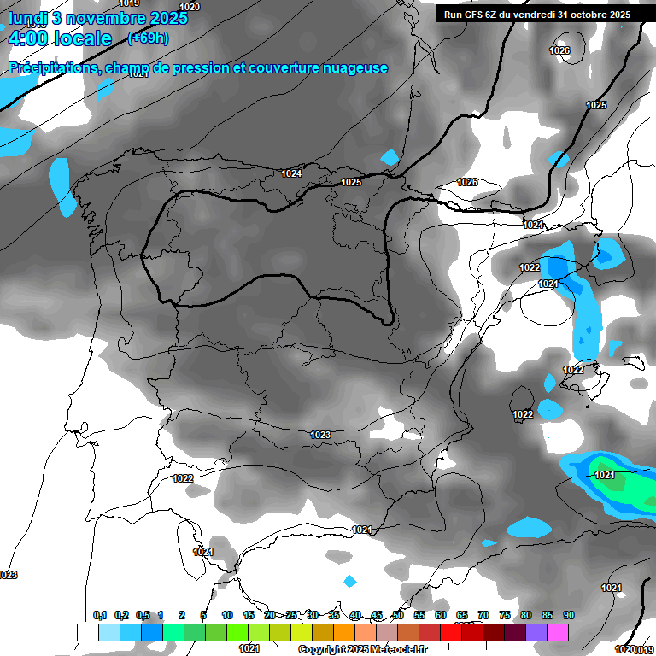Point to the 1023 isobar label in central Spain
click(x=320, y=435)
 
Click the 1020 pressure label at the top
click(x=190, y=6)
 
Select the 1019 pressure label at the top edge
click(x=130, y=3)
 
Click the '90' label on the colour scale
click(x=569, y=615)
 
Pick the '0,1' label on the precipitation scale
click(x=100, y=615)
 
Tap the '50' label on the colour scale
click(x=398, y=615)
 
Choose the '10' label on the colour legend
click(x=227, y=615)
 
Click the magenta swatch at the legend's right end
click(x=558, y=633)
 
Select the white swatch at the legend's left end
click(x=87, y=633)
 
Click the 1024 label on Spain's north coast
click(x=291, y=173)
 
